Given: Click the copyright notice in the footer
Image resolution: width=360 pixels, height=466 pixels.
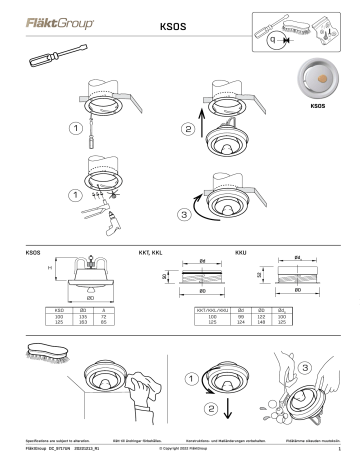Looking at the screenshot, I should click(x=181, y=452).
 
